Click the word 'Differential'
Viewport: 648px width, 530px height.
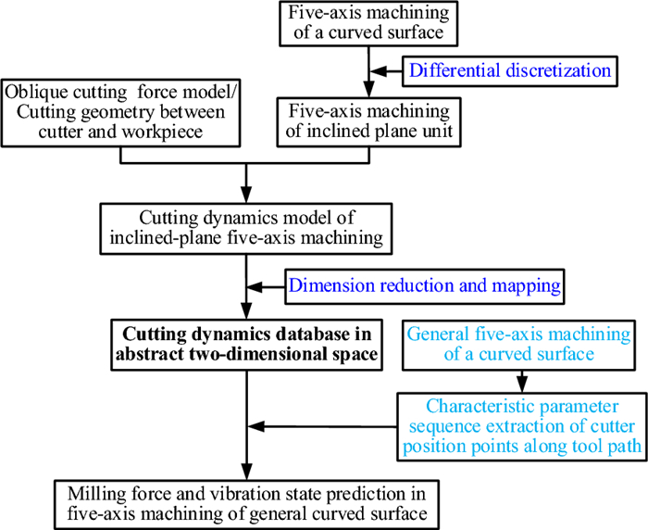[x=453, y=70]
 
